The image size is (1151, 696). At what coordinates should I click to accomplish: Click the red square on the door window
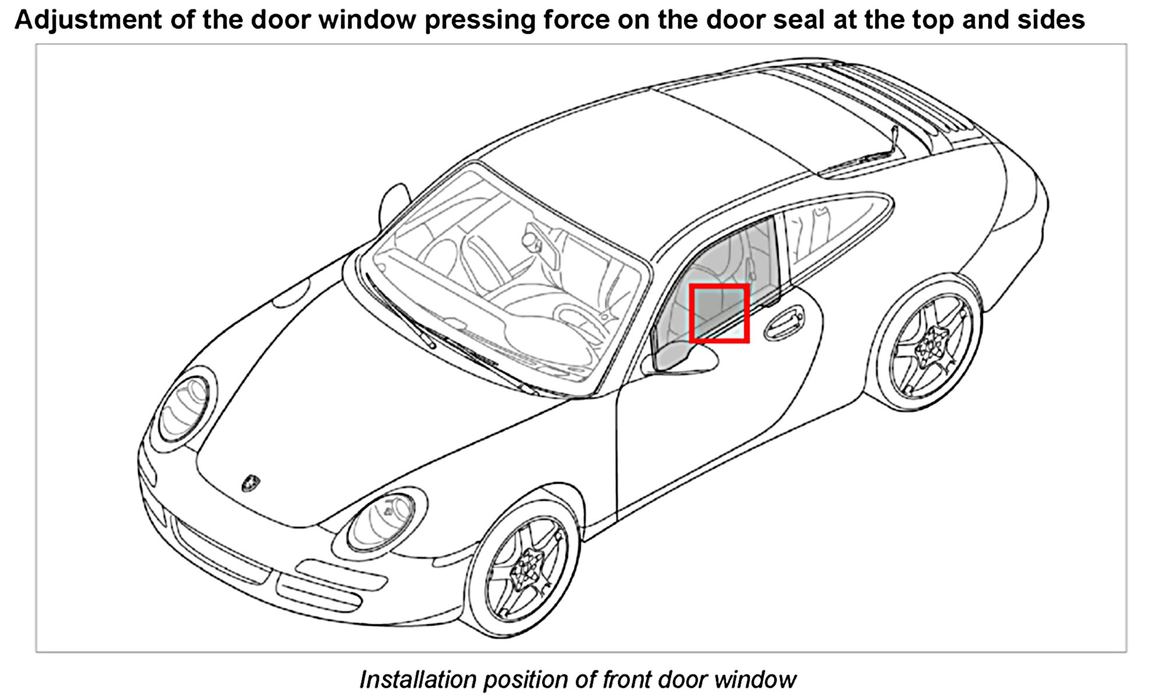point(719,313)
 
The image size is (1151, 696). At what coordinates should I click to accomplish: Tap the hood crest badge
point(251,483)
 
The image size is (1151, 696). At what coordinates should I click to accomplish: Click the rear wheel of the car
point(932,345)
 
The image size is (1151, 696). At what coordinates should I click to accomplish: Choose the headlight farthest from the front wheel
point(185,407)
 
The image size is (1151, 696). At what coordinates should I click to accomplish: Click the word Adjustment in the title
point(87,20)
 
